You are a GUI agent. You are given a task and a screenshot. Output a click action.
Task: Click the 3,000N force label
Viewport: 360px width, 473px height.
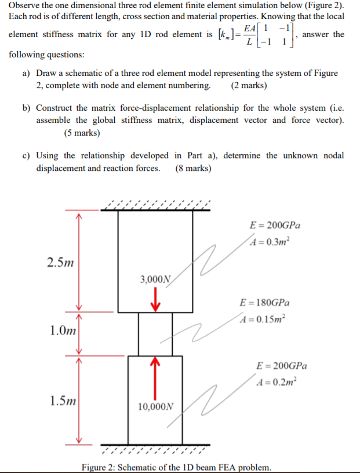(155, 279)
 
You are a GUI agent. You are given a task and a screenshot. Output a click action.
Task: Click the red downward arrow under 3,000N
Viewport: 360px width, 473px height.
(155, 300)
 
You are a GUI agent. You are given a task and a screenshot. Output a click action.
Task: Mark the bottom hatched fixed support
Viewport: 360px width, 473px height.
(155, 449)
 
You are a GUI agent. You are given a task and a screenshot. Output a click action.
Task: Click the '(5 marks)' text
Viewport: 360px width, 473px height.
(82, 133)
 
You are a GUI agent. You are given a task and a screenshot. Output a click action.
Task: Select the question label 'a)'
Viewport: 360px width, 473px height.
(27, 74)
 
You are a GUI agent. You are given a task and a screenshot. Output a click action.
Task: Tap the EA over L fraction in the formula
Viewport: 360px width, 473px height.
(249, 35)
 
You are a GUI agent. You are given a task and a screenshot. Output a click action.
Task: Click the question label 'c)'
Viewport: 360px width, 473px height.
(27, 155)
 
